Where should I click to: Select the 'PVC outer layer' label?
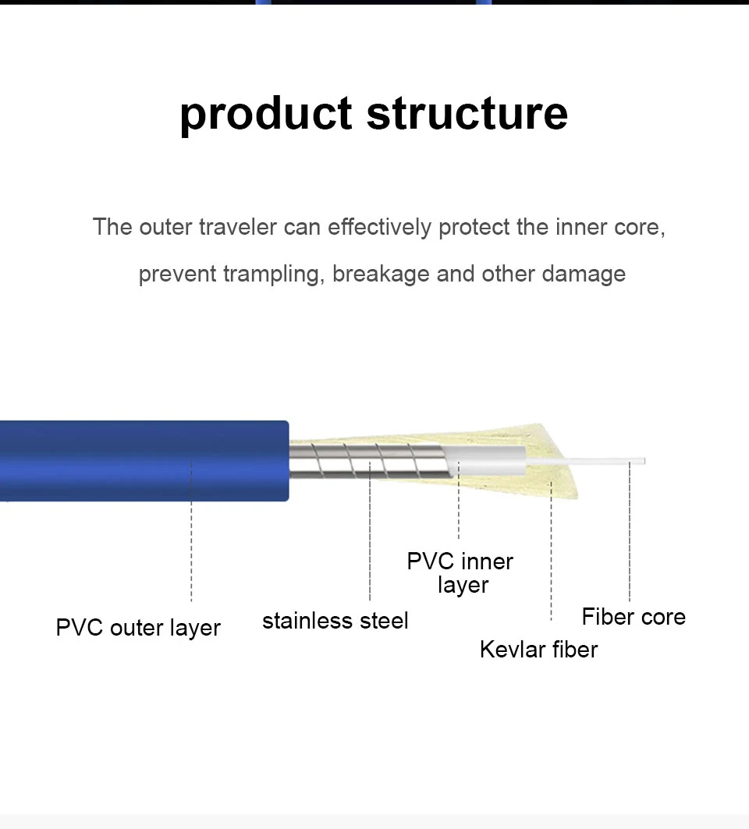tap(138, 628)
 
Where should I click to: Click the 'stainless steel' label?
tap(335, 621)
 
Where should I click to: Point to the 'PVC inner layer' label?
tap(461, 572)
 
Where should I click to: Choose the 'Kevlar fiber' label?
tap(538, 649)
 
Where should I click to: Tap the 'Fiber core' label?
tap(634, 617)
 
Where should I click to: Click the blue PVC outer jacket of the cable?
tap(140, 460)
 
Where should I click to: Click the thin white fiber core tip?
tap(616, 461)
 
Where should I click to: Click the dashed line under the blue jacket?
tap(191, 538)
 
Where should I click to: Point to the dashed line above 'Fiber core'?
tap(630, 538)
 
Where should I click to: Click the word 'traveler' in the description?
tap(237, 227)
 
